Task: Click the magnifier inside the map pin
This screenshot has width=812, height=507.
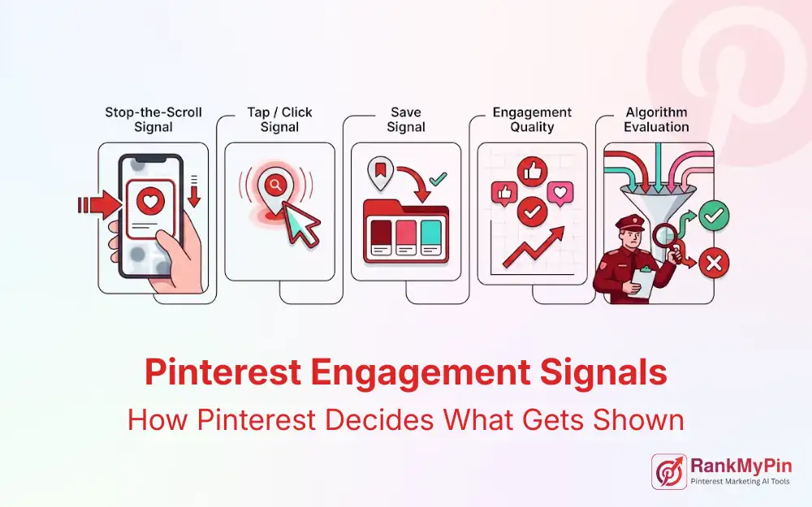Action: click(276, 186)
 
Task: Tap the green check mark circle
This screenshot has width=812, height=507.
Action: click(715, 216)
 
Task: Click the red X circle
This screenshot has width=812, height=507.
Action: click(715, 262)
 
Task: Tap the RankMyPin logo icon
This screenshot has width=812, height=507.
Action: click(668, 471)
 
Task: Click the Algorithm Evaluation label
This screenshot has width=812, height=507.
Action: click(657, 119)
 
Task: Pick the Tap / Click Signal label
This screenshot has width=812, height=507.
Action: click(279, 119)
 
